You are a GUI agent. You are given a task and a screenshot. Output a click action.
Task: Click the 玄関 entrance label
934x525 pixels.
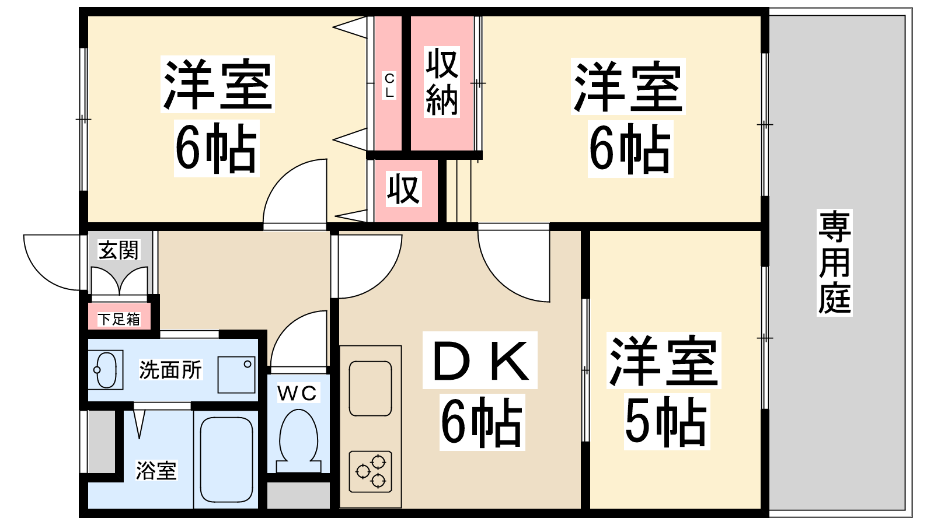[119, 250]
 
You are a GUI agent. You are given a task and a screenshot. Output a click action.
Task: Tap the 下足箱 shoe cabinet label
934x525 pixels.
[119, 319]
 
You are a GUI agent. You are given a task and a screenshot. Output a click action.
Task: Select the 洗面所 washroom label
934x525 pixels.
[170, 370]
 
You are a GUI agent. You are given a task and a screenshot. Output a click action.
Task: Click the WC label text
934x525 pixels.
[297, 393]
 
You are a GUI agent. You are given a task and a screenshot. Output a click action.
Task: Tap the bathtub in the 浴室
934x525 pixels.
[226, 460]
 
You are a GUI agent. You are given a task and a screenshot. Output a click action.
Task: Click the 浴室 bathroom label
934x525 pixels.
[156, 470]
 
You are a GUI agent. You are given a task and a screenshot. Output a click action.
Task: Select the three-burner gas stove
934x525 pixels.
[370, 471]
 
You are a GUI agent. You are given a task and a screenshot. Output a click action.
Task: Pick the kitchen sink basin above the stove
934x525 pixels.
[370, 388]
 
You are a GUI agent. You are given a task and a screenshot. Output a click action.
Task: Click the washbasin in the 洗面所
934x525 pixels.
[106, 370]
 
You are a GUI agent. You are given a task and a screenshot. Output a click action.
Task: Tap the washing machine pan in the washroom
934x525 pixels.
[236, 374]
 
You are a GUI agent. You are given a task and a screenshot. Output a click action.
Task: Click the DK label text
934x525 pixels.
[480, 360]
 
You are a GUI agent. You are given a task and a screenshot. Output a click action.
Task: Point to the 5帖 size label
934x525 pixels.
[667, 421]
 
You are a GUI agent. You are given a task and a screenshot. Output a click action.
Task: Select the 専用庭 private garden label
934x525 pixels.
[834, 262]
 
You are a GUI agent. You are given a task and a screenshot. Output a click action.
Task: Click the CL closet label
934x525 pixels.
[389, 85]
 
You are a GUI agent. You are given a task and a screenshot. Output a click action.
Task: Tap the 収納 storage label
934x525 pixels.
[442, 82]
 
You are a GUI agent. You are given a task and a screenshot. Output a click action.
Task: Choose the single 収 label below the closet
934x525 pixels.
[403, 189]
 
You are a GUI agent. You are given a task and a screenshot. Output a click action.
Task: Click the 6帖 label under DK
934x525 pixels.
[482, 422]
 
